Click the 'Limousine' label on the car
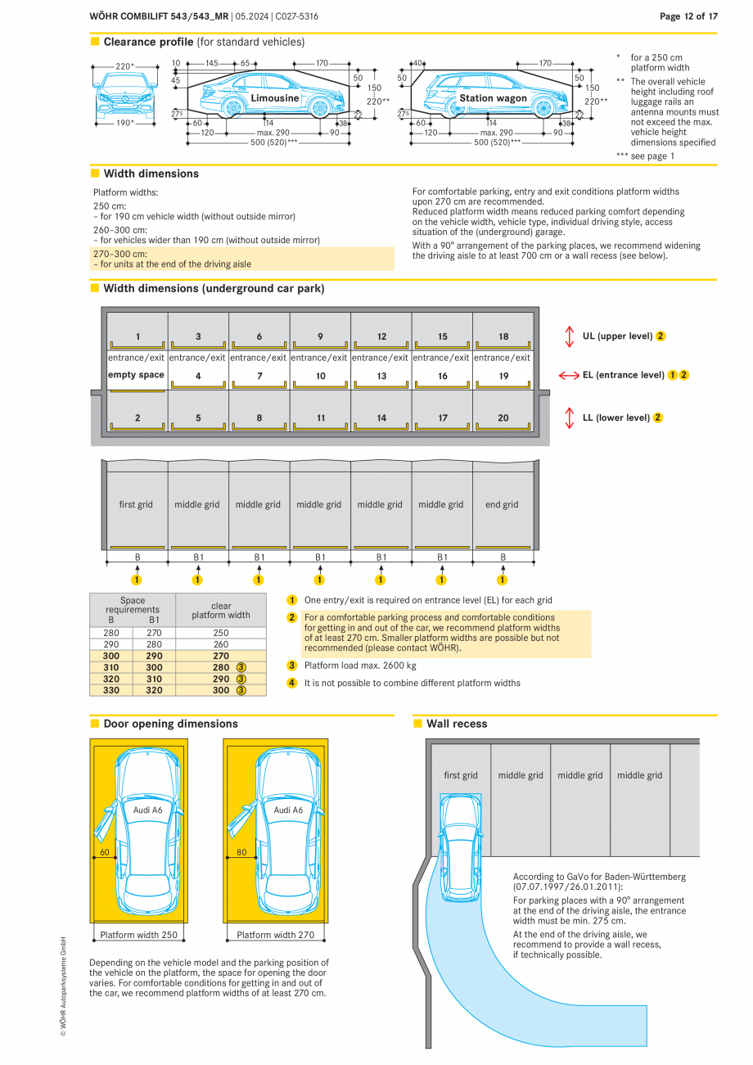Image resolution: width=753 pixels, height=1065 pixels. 275,98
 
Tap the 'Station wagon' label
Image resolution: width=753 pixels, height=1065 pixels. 493,98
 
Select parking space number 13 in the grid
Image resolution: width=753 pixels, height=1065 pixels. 381,377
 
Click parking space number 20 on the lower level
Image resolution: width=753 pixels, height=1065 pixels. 503,418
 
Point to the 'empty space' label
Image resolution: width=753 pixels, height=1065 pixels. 136,375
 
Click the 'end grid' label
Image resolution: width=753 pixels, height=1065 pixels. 502,505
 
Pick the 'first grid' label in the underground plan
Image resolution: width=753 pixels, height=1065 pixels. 136,505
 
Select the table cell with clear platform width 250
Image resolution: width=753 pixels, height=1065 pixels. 221,633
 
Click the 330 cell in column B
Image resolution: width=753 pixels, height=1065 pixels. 110,690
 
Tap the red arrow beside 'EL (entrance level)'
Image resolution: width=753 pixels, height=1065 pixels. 569,375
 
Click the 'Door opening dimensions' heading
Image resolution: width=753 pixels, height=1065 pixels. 170,724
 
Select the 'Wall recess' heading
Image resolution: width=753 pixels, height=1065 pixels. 456,724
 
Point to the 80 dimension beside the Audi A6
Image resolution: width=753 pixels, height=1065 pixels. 241,852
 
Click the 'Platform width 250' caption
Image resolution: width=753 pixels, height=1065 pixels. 138,935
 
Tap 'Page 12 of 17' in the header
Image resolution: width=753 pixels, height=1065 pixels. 688,16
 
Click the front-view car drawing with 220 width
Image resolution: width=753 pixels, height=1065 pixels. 124,97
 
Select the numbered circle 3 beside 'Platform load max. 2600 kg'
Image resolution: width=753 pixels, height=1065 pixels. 292,666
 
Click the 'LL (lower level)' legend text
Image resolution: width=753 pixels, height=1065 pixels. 615,417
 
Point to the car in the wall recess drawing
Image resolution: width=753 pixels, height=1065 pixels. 461,847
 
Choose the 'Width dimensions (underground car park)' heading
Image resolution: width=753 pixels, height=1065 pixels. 214,289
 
